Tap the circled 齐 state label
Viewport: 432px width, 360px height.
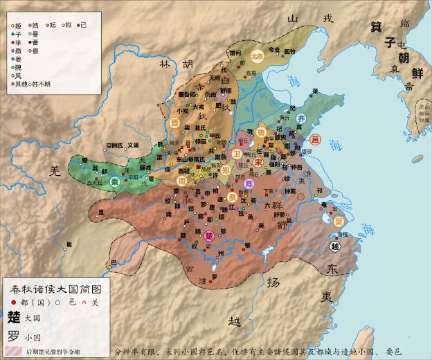(300, 119)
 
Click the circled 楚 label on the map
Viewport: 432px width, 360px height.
(209, 236)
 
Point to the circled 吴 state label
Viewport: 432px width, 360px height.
(339, 221)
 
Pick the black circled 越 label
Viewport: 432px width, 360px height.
(336, 246)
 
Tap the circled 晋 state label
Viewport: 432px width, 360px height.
(176, 123)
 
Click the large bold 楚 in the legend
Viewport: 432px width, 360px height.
(13, 316)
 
